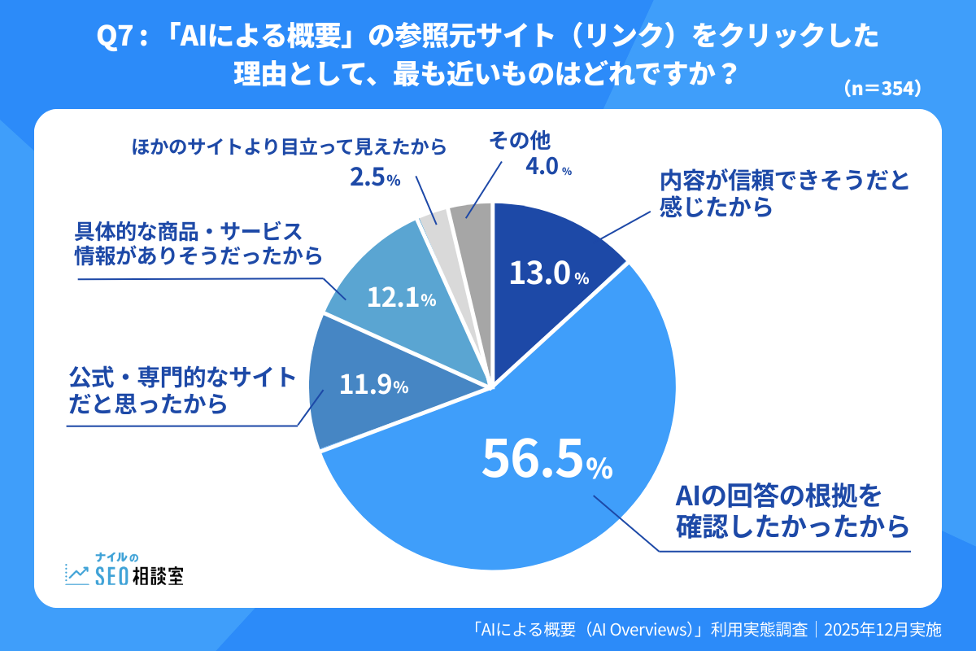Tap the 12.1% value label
(x=401, y=299)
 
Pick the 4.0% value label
(x=547, y=169)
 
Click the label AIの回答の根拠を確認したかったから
(x=791, y=511)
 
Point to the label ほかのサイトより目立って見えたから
(x=290, y=147)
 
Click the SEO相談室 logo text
(x=139, y=575)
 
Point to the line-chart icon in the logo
(x=77, y=575)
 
